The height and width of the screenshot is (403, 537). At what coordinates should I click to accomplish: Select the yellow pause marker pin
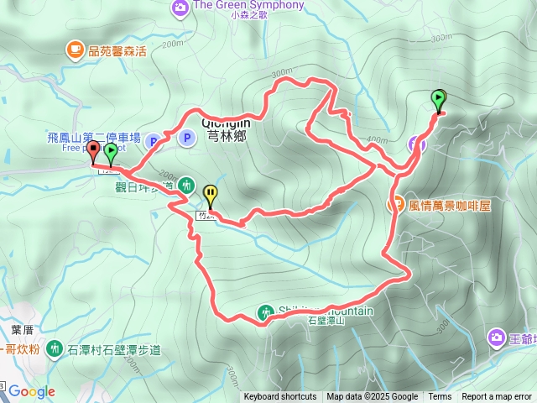coord(210,196)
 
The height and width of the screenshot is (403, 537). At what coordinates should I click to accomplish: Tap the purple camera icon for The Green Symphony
coord(180,8)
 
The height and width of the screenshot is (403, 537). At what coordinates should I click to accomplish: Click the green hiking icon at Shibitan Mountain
coord(266,311)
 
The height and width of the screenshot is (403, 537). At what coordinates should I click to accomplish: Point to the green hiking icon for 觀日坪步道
coord(188,185)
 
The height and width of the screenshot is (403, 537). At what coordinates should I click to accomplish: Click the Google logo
coord(32,391)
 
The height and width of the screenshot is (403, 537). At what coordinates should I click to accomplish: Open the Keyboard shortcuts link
coord(280,397)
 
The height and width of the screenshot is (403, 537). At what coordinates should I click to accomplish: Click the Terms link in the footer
coord(440,397)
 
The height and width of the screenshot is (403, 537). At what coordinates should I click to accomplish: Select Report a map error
coord(497,397)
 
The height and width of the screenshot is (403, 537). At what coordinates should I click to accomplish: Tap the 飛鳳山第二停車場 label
coord(94,136)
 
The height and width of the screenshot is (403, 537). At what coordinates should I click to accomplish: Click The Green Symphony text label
coord(248,5)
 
